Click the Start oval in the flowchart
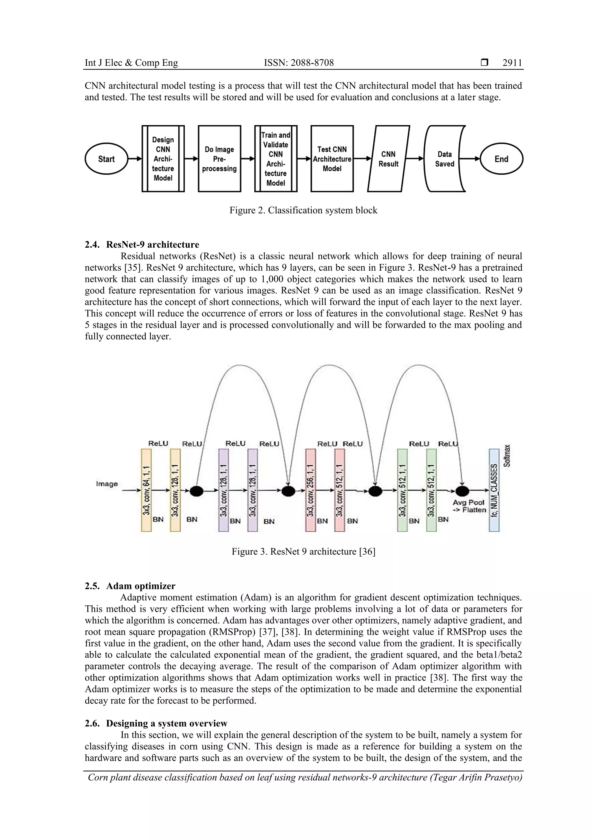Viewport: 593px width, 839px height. coord(106,159)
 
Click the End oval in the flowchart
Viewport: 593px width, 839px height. coord(501,159)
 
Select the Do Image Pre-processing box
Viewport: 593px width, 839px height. coord(219,159)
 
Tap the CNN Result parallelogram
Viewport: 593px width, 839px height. coord(388,159)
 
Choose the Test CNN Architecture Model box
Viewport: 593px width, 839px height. coord(332,159)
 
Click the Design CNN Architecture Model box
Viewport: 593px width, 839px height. coord(163,159)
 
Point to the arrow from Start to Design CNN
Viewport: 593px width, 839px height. coord(134,159)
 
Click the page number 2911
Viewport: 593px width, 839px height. coord(512,63)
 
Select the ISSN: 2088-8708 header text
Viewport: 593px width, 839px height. coord(299,63)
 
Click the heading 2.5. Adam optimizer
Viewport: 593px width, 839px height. coord(130,586)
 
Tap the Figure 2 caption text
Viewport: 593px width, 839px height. coord(303,211)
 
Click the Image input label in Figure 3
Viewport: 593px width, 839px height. coord(107,484)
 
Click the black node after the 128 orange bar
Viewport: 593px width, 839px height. coord(197,491)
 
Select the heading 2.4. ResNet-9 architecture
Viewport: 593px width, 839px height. coord(142,244)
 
